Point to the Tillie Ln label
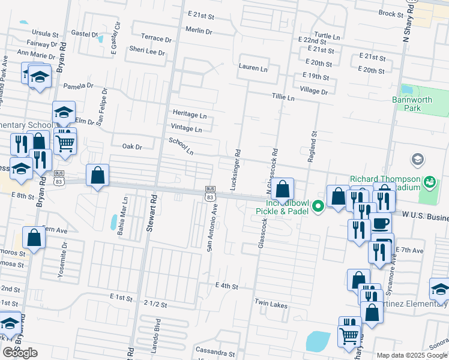pos(283,97)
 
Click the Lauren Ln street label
pos(253,68)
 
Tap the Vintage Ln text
pos(187,128)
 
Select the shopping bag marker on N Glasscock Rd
pos(282,189)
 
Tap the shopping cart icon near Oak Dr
pos(65,142)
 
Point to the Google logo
pos(20,353)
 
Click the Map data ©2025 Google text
pos(411,355)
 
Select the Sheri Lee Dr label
pos(145,52)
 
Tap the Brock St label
pos(391,13)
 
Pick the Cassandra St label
pos(215,349)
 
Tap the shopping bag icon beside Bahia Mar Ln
pos(97,176)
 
